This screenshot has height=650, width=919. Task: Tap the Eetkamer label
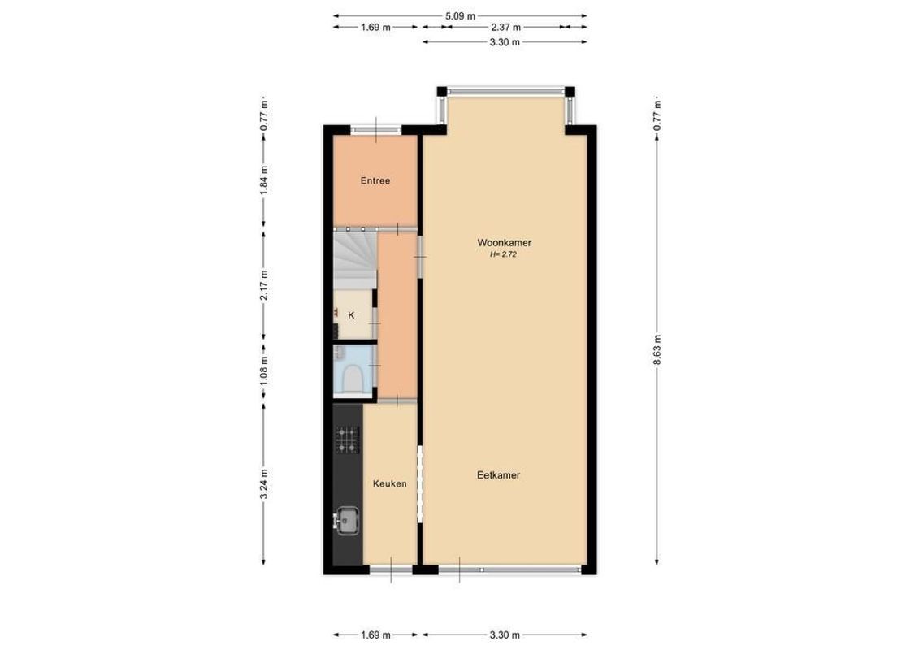click(498, 475)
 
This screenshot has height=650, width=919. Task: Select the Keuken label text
click(389, 484)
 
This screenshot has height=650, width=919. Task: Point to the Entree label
click(375, 181)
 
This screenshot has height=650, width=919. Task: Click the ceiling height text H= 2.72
click(503, 254)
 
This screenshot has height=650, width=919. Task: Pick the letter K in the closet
click(352, 315)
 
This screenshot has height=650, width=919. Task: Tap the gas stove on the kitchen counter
click(347, 440)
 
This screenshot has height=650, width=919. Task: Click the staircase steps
click(353, 256)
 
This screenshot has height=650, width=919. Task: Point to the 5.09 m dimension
click(460, 15)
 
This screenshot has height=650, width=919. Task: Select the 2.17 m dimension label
click(263, 284)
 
